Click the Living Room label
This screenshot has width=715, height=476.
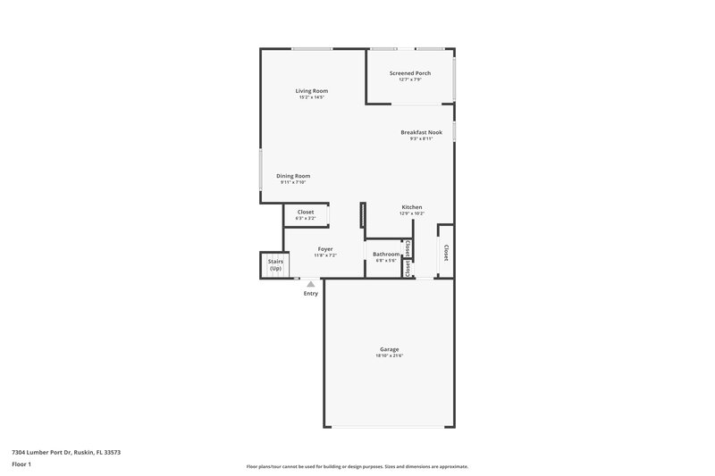click(x=312, y=90)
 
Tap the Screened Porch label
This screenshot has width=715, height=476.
click(x=409, y=73)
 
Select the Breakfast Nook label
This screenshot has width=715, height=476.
click(x=421, y=132)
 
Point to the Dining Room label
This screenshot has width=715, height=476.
click(x=293, y=176)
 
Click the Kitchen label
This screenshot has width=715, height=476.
click(x=411, y=207)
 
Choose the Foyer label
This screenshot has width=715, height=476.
click(x=324, y=249)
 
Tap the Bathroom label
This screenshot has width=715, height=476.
click(x=386, y=255)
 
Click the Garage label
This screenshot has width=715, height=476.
click(x=389, y=349)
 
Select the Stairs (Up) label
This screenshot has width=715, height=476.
click(x=275, y=265)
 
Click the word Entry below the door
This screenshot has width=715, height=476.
click(x=310, y=294)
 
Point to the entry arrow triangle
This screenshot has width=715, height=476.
click(x=310, y=284)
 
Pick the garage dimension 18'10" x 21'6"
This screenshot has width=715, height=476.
click(x=389, y=356)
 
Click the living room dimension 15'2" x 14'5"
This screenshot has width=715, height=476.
click(x=312, y=97)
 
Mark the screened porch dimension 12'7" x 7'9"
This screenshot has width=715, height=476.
click(x=409, y=80)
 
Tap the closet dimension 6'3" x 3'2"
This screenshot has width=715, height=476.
click(x=306, y=219)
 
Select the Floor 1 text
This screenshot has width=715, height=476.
click(x=21, y=465)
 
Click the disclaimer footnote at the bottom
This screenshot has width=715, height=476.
click(x=357, y=466)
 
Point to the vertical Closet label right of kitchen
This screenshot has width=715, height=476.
click(x=445, y=253)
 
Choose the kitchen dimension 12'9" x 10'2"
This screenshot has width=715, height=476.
click(x=411, y=213)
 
